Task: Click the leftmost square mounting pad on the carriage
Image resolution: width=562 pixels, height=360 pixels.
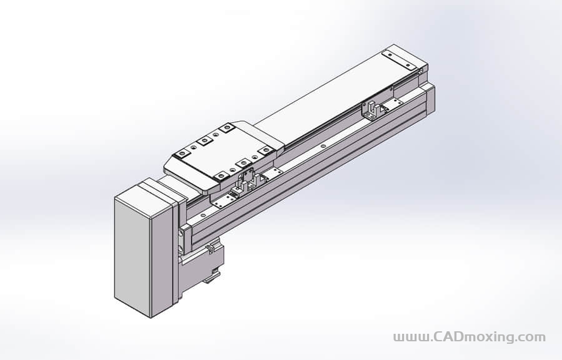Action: click(x=182, y=153)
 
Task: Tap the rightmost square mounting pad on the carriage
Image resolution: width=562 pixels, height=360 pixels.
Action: click(x=265, y=150)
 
